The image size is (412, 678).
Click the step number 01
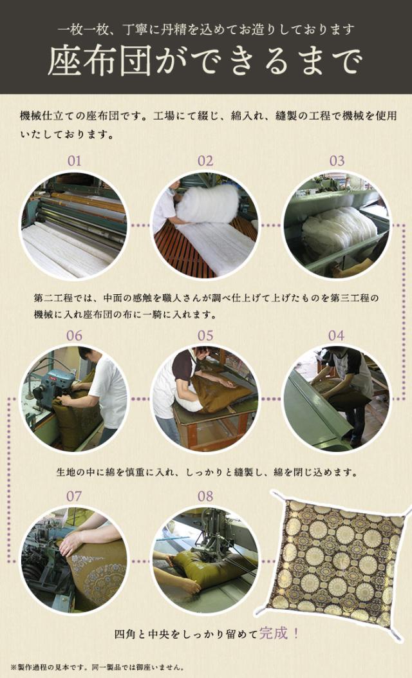tap(74, 160)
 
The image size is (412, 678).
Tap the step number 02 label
tap(205, 160)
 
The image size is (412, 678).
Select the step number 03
tap(337, 160)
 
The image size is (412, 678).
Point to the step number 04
tap(336, 335)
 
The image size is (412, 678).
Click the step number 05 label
tap(205, 335)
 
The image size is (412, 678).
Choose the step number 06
tap(74, 335)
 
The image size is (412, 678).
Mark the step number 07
tap(74, 496)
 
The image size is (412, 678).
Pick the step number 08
tap(205, 496)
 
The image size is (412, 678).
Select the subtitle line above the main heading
tap(205, 30)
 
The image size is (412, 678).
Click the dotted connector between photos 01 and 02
tap(140, 226)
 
